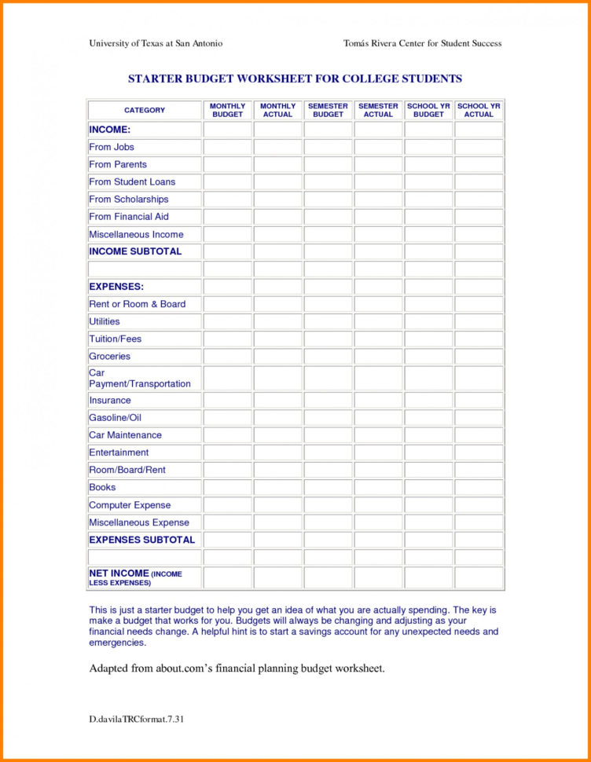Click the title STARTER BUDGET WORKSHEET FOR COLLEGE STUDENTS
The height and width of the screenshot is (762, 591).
coord(295,79)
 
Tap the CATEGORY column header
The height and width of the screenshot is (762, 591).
coord(145,110)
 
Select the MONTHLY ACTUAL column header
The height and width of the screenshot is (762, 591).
coord(277,110)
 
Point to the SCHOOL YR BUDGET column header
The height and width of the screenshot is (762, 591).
coord(428,110)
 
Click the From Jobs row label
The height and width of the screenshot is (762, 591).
coord(112,147)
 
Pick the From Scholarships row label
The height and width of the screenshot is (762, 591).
coord(128,200)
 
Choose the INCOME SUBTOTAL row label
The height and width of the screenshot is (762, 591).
coord(135,251)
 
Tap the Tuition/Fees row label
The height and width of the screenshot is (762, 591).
coord(115,339)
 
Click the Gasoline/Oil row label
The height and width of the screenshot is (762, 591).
coord(115,418)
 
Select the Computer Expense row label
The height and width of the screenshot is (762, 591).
coord(130,505)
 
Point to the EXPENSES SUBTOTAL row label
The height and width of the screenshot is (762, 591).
coord(141,540)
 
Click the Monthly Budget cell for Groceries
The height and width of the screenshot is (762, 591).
coord(228,357)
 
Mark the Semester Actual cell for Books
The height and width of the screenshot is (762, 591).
coord(378,488)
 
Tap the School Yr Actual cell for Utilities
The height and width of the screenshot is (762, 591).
coord(479,322)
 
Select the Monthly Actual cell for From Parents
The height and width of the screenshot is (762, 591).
coord(277,165)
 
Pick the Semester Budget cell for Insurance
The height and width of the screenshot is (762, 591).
coord(328,401)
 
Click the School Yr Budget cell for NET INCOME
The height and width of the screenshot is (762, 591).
coord(428,578)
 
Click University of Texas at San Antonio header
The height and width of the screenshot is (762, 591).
coord(156,43)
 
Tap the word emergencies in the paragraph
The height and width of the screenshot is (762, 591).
coord(117,643)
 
